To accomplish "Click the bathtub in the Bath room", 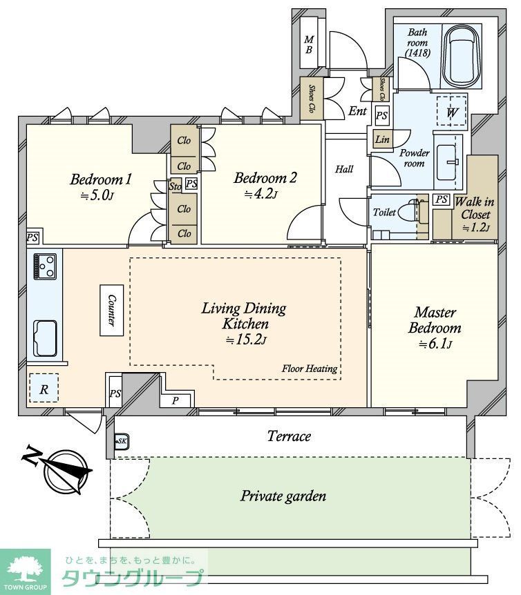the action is [x=462, y=57].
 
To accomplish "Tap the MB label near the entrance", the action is [x=309, y=44].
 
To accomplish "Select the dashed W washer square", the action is [x=451, y=110].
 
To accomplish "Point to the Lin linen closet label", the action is [x=382, y=139].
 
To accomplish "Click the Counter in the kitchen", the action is [x=112, y=310].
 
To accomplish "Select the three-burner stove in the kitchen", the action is [x=45, y=266].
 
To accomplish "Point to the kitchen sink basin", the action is [x=45, y=338].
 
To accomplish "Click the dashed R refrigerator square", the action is [x=44, y=388].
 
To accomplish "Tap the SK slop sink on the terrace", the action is [x=122, y=441].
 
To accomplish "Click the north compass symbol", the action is [x=64, y=469].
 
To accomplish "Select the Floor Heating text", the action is [x=310, y=369].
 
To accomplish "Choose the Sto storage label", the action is [x=175, y=186].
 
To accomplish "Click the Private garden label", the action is [x=283, y=496].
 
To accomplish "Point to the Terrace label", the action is [x=289, y=436].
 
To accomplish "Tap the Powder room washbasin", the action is [x=446, y=162].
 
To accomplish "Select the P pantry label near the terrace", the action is [x=175, y=401].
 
